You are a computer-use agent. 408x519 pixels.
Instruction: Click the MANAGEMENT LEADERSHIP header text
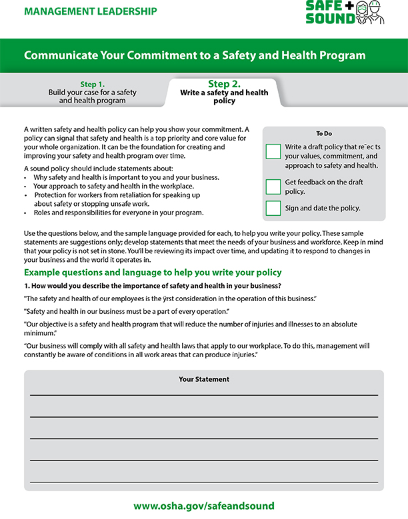90,11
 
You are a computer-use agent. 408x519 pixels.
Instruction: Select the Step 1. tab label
93,84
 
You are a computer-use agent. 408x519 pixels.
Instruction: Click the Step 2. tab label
224,84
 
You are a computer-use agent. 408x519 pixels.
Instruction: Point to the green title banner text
195,55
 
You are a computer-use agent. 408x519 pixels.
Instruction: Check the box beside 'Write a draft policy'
273,151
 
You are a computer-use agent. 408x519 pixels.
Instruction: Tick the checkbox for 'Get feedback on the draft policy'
273,186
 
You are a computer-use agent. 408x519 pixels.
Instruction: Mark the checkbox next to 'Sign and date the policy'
273,208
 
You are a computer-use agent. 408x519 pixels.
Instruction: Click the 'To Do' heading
324,133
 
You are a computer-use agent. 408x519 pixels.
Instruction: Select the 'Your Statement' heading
204,379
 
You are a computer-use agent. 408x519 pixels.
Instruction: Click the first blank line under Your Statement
204,394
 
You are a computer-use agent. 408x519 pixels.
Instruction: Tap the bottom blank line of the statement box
204,480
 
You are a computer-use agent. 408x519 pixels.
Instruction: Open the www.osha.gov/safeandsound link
204,506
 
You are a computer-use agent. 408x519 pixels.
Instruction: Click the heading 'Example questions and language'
153,272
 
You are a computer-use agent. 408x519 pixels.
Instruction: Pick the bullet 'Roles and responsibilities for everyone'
113,213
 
